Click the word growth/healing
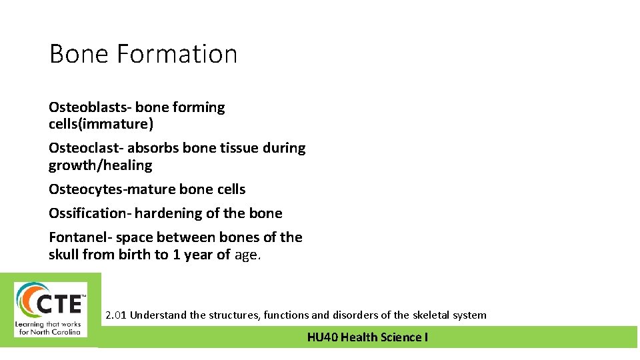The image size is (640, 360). (100, 165)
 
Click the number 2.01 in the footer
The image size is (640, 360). (116, 315)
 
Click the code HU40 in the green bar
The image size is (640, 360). (322, 337)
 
